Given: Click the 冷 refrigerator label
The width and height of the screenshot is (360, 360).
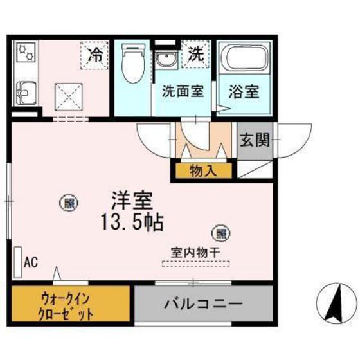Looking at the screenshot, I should (94, 55).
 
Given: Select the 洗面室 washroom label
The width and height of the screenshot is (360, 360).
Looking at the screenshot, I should (182, 91).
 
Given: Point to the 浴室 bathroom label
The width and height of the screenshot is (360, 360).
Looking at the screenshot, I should (244, 91).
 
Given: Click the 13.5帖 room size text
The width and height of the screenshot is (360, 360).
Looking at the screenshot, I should (131, 223).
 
